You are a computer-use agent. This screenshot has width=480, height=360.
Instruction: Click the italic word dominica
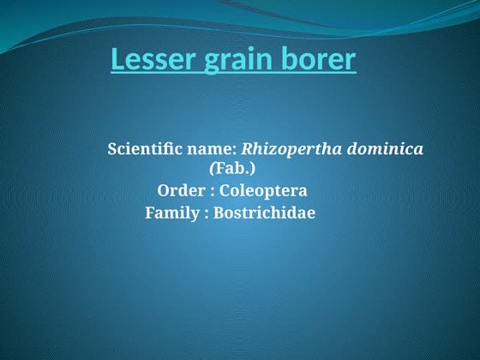pyautogui.click(x=384, y=149)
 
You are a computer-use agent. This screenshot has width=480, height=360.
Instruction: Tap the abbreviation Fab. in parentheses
pyautogui.click(x=237, y=169)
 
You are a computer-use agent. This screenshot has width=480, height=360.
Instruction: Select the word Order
pyautogui.click(x=177, y=190)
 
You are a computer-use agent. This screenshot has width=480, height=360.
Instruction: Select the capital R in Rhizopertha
pyautogui.click(x=248, y=149)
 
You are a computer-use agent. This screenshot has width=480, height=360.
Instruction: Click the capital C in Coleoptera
pyautogui.click(x=225, y=190)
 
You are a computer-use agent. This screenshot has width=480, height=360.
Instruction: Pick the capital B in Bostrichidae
pyautogui.click(x=218, y=213)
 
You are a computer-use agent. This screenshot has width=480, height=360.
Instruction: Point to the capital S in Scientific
pyautogui.click(x=111, y=149)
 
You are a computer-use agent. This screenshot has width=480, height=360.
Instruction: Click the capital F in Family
pyautogui.click(x=150, y=213)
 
